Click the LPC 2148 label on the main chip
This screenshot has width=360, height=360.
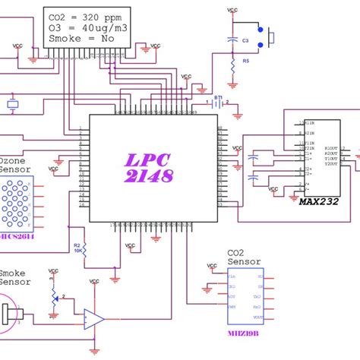point(150,168)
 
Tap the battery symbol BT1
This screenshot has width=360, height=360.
point(219,104)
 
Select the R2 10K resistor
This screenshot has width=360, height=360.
point(84,248)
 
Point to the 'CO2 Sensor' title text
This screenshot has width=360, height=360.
point(244,257)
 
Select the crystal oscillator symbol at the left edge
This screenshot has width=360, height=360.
point(11,105)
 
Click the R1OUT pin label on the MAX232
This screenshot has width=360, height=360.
point(331,147)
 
